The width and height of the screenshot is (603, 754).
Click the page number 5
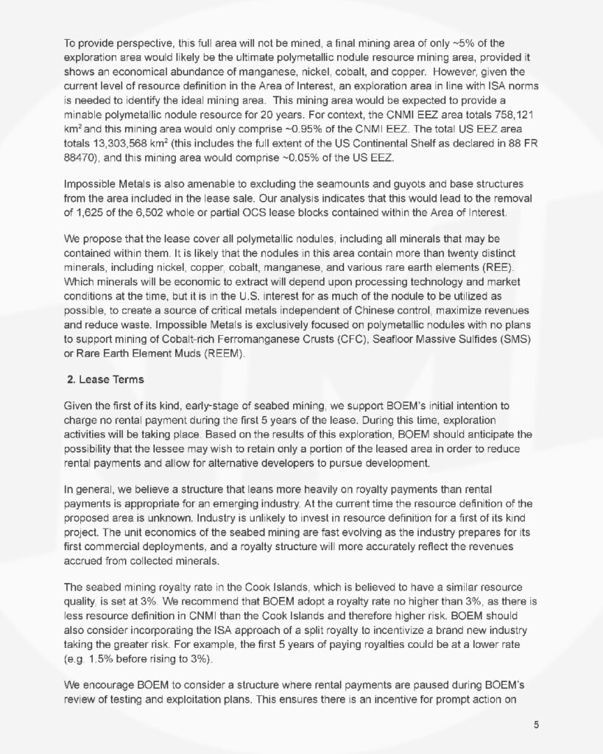[537, 724]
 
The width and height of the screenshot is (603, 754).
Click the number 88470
[81, 152]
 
